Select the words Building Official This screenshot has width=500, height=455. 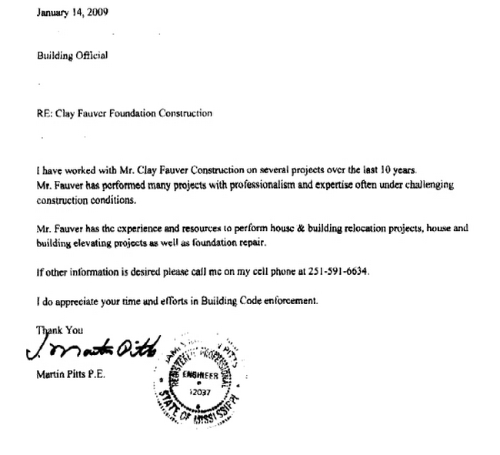pyautogui.click(x=72, y=55)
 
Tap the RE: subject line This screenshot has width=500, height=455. pyautogui.click(x=124, y=113)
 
